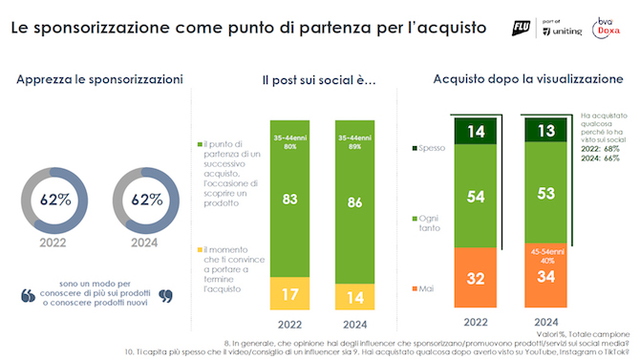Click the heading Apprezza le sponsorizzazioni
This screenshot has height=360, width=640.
click(x=99, y=80)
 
